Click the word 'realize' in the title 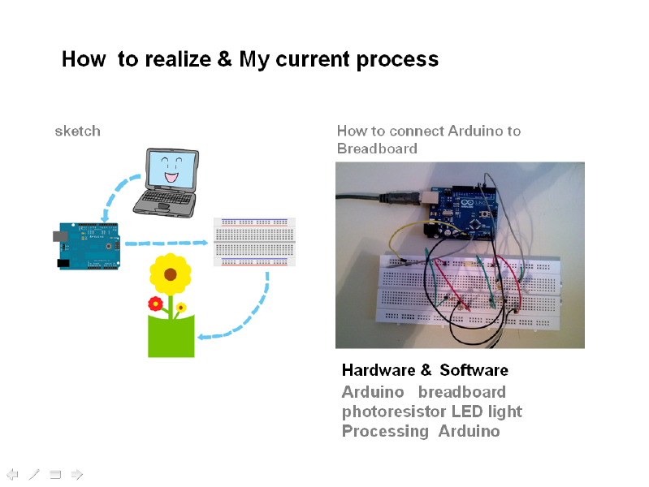click(178, 58)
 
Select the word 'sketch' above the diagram click(78, 131)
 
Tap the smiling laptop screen click(171, 170)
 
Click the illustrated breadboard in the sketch click(254, 242)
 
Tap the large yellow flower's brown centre click(170, 274)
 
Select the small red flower click(155, 304)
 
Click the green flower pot click(171, 336)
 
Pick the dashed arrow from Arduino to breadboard click(167, 243)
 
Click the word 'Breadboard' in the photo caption click(377, 149)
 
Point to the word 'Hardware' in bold click(379, 370)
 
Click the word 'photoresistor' click(394, 412)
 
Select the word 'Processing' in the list click(385, 431)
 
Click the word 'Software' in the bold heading click(474, 370)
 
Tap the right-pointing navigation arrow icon click(77, 474)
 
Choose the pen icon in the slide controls click(34, 474)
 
